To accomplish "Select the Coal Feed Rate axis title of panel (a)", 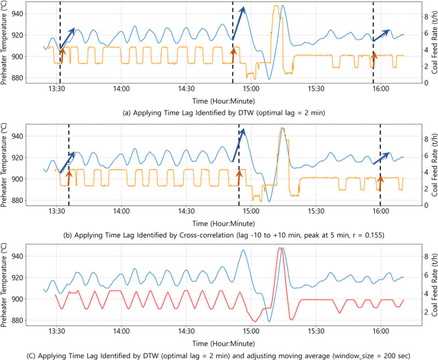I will pyautogui.click(x=433, y=44).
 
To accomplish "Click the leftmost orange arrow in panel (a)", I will pyautogui.click(x=62, y=55).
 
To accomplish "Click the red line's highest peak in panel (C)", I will pyautogui.click(x=280, y=248).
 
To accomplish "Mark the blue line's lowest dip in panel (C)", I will pyautogui.click(x=269, y=321).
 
